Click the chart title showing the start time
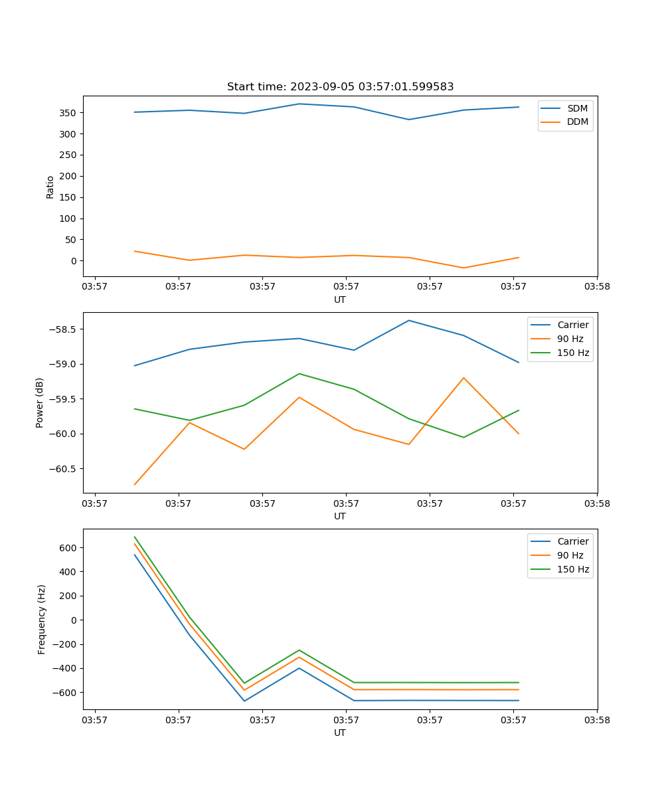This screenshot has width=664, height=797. click(x=340, y=87)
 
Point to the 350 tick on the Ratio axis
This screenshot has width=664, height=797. click(x=68, y=113)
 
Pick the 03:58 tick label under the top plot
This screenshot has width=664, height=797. click(x=597, y=286)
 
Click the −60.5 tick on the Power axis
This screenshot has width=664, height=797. click(x=62, y=469)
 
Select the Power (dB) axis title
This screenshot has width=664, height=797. click(x=40, y=402)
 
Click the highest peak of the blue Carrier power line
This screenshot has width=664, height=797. click(x=409, y=321)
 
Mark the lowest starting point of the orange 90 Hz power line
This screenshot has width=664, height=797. click(x=135, y=485)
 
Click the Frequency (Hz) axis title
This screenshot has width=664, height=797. click(x=42, y=619)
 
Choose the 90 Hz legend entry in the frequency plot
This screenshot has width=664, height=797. click(x=570, y=555)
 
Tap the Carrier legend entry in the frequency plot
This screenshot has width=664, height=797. click(x=572, y=541)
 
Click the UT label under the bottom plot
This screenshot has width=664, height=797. click(x=340, y=733)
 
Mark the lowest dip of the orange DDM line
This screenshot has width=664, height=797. click(x=463, y=268)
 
